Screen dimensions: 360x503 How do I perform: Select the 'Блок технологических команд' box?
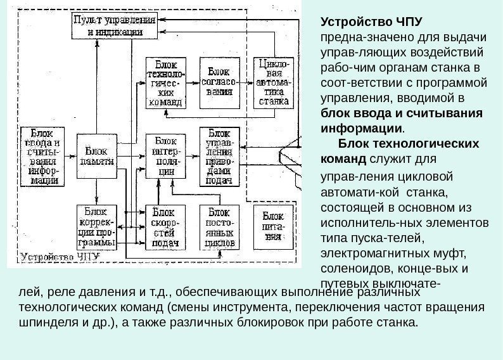pyautogui.click(x=167, y=82)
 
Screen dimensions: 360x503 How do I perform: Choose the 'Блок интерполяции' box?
pyautogui.click(x=167, y=158)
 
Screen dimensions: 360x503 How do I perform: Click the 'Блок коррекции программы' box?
pyautogui.click(x=97, y=226)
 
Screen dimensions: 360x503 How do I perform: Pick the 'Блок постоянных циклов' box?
pyautogui.click(x=219, y=226)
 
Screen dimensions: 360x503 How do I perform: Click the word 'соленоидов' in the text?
pyautogui.click(x=350, y=268)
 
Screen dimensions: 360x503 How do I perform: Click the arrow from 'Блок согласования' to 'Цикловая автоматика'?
pyautogui.click(x=246, y=81)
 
